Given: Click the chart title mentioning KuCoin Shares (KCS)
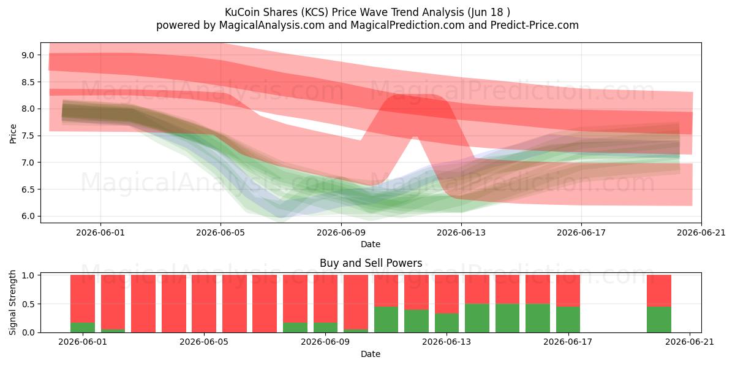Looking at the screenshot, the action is click(367, 12).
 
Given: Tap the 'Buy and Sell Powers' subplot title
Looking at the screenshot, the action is click(371, 263).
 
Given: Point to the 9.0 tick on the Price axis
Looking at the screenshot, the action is click(28, 55).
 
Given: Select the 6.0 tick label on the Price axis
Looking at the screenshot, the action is click(28, 216).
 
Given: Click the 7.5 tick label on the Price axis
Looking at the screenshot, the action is click(28, 136).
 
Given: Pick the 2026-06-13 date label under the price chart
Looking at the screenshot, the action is click(461, 232).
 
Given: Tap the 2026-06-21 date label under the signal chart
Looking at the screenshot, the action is click(690, 342).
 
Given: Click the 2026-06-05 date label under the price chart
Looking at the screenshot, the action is click(221, 232).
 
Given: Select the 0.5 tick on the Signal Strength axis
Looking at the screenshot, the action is click(28, 304).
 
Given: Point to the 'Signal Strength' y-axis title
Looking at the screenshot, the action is click(12, 302).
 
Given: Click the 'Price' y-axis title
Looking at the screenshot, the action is click(13, 134).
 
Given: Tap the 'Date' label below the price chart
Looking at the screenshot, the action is click(371, 244).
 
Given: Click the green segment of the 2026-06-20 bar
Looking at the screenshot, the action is click(659, 320).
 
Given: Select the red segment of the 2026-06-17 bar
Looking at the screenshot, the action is click(568, 291).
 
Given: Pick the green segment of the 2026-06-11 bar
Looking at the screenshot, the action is click(386, 320).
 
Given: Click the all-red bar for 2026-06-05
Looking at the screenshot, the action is click(204, 304).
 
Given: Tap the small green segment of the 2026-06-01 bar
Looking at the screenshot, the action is click(83, 328).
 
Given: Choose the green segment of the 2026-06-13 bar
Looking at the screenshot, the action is click(447, 323).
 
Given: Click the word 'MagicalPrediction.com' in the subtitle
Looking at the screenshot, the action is click(407, 25).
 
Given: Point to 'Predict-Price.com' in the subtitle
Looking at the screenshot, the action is click(535, 25).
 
